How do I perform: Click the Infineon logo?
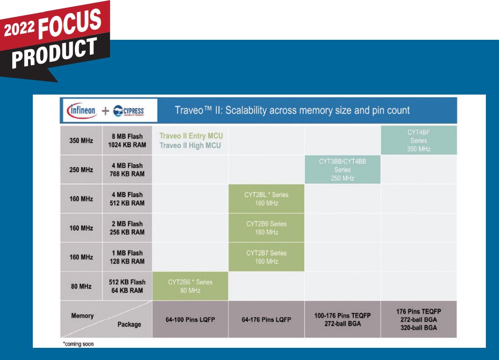pyautogui.click(x=82, y=110)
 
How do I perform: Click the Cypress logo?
pyautogui.click(x=128, y=111)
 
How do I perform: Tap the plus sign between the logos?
pyautogui.click(x=105, y=110)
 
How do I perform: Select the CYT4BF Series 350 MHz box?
pyautogui.click(x=419, y=140)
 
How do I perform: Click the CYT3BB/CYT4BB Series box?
pyautogui.click(x=343, y=169)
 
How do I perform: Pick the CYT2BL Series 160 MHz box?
pyautogui.click(x=266, y=199)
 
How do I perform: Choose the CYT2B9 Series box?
pyautogui.click(x=266, y=228)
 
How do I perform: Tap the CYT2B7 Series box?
pyautogui.click(x=266, y=257)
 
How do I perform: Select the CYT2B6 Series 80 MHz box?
pyautogui.click(x=190, y=286)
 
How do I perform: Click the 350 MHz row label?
pyautogui.click(x=81, y=140)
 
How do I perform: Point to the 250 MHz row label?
pyautogui.click(x=81, y=170)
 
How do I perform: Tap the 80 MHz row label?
pyautogui.click(x=81, y=286)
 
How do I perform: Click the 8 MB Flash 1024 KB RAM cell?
pyautogui.click(x=127, y=140)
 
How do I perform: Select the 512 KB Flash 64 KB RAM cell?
pyautogui.click(x=127, y=286)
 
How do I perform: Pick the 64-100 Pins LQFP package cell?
pyautogui.click(x=190, y=319)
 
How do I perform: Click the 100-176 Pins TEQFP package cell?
pyautogui.click(x=343, y=319)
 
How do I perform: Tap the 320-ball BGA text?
pyautogui.click(x=419, y=328)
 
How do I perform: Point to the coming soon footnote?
pyautogui.click(x=78, y=344)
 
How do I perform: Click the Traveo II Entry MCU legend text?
pyautogui.click(x=191, y=136)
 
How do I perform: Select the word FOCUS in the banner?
pyautogui.click(x=70, y=23)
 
